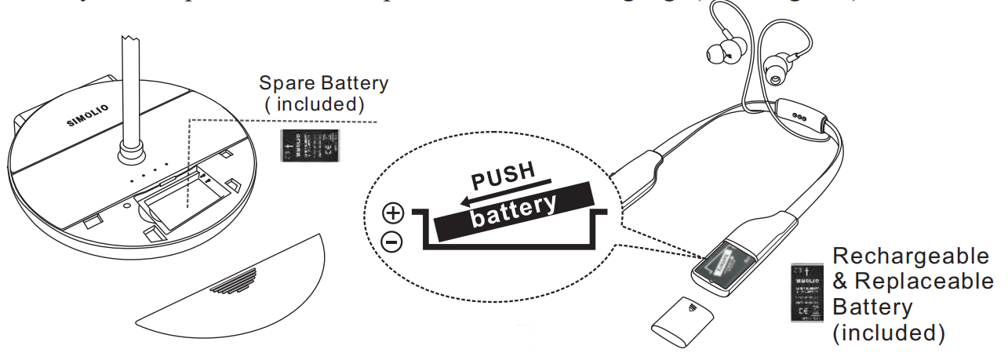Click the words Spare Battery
click(x=323, y=83)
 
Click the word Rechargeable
click(x=912, y=256)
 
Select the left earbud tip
click(x=715, y=54)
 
